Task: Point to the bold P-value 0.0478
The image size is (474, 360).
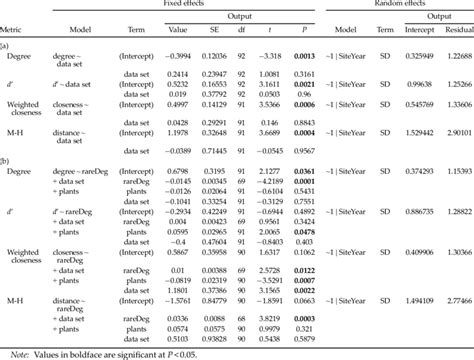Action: point(306,230)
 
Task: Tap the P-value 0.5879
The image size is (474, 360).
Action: point(306,336)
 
